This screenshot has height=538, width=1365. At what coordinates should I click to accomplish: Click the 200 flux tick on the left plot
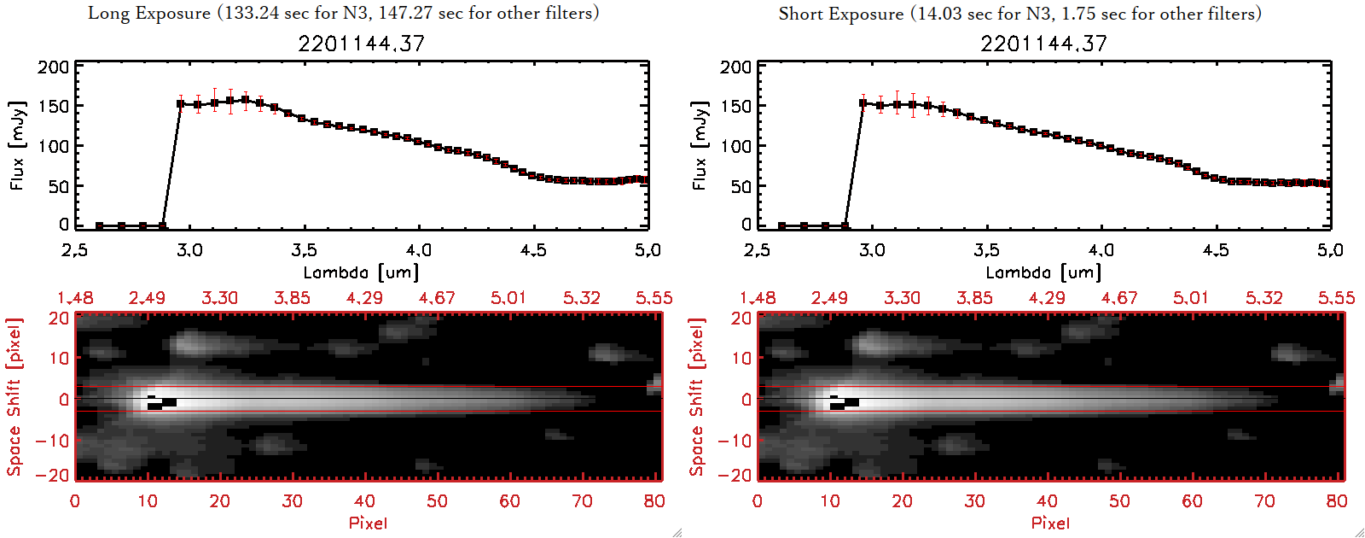(53, 67)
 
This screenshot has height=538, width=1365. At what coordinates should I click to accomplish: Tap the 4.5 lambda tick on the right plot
(1216, 250)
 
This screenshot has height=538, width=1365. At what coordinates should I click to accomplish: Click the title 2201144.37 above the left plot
(361, 44)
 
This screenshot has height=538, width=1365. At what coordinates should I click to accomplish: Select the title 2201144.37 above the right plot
(1043, 44)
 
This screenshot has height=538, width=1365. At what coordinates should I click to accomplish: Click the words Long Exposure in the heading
(149, 13)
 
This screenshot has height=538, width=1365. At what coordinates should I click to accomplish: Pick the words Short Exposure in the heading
(840, 14)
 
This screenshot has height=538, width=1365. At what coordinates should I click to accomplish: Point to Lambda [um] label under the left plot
(361, 272)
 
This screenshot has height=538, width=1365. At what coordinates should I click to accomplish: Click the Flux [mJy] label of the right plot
(700, 145)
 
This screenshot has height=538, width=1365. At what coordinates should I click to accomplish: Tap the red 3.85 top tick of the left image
(292, 298)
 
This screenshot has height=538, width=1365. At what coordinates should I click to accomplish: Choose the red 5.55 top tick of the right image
(1336, 298)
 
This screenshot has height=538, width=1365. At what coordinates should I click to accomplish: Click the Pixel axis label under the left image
(368, 523)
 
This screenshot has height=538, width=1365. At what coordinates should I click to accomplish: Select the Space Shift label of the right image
(697, 397)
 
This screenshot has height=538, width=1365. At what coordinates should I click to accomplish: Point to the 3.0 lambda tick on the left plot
(189, 250)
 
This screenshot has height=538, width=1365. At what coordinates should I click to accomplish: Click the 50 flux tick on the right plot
(741, 186)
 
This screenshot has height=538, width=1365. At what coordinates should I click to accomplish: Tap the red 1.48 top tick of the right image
(758, 298)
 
